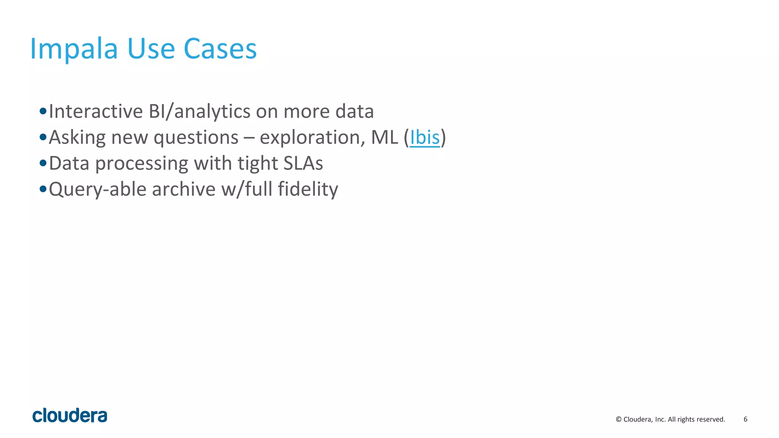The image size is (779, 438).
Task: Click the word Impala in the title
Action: [74, 49]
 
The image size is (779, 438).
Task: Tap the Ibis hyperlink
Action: [424, 137]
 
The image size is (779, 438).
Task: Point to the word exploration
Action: [309, 137]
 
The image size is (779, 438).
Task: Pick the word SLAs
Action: [303, 163]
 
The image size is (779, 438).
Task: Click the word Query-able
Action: [97, 189]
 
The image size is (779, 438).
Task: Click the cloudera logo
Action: [70, 416]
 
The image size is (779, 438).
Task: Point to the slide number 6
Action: [745, 419]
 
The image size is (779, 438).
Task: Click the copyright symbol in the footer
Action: [618, 419]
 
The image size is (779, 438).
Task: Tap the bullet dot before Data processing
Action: [43, 163]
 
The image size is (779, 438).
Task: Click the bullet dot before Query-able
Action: [43, 189]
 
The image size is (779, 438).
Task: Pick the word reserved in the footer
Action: [712, 419]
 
